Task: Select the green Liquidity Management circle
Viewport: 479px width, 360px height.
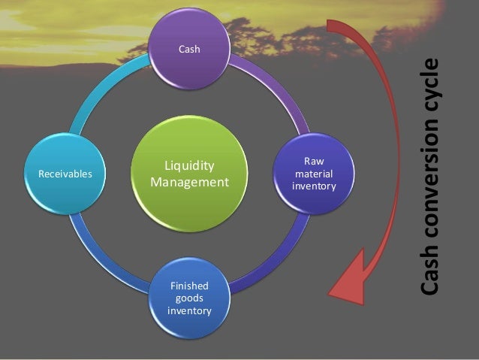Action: click(x=189, y=174)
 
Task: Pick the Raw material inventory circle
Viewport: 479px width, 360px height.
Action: click(x=314, y=174)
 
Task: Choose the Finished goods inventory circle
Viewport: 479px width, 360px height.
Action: click(x=189, y=298)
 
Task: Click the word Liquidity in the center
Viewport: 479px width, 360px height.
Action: click(x=189, y=166)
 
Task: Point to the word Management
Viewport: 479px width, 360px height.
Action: click(x=189, y=182)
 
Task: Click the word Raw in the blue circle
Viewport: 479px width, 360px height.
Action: click(x=314, y=161)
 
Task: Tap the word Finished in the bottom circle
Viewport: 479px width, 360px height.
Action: click(x=189, y=286)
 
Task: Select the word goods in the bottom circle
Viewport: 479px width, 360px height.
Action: click(x=189, y=298)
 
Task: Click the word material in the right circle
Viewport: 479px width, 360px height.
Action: click(x=314, y=174)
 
